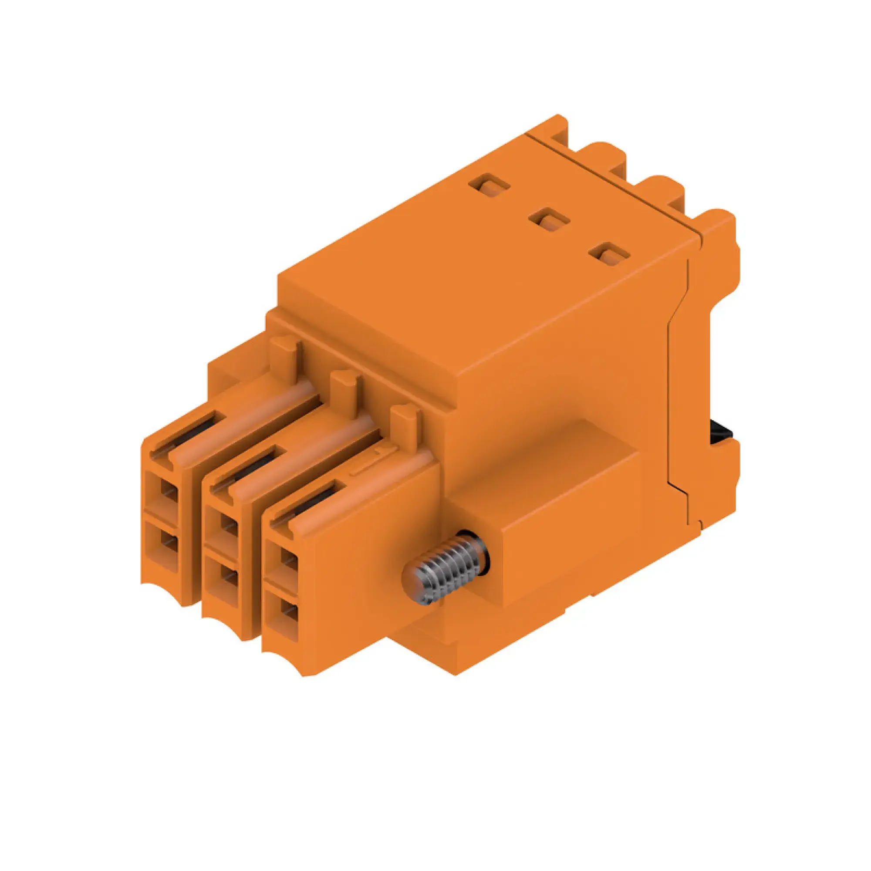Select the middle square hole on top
[549, 220]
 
